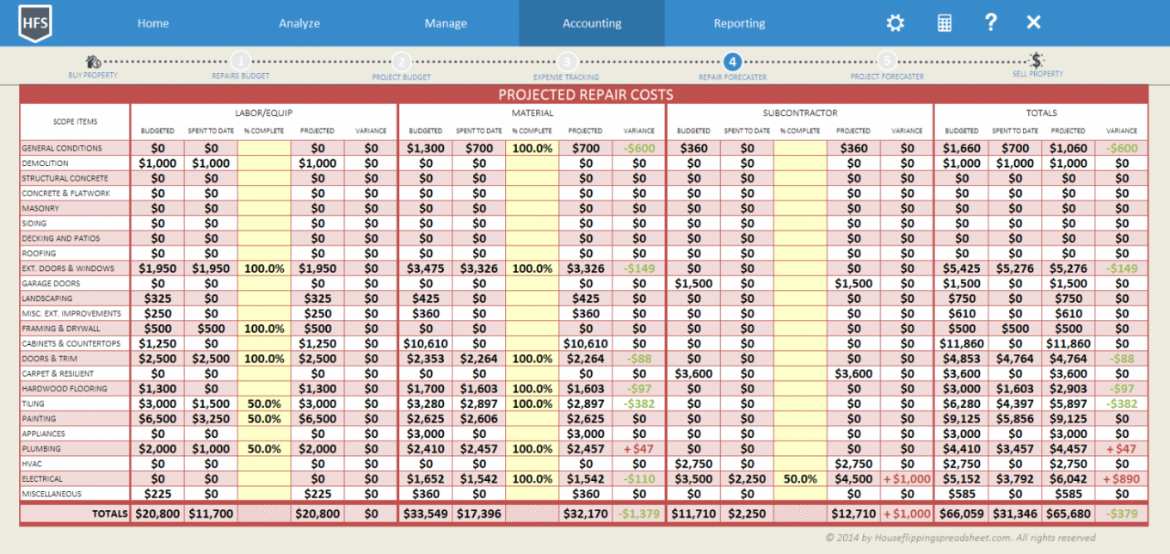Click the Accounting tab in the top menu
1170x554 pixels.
coord(592,23)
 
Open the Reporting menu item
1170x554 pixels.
coord(739,23)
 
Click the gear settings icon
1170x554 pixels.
coord(896,23)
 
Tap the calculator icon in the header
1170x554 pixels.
coord(945,23)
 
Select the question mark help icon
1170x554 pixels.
coord(991,22)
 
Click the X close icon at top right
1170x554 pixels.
coord(1034,22)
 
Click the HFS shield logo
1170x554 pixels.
coord(35,22)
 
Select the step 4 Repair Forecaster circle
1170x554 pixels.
coord(732,61)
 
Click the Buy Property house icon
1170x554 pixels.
coord(93,62)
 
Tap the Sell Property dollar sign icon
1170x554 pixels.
coord(1038,61)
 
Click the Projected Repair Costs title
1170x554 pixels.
coord(585,95)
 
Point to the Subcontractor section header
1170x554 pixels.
coord(799,113)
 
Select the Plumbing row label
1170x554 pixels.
coord(41,449)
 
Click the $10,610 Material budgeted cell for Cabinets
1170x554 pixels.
coord(425,343)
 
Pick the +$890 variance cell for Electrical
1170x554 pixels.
coord(1122,479)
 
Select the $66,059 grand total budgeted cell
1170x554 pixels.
coord(961,514)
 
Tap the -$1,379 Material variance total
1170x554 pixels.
coord(638,514)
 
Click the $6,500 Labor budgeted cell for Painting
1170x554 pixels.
coord(157,419)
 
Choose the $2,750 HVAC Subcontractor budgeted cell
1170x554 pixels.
coord(693,464)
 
